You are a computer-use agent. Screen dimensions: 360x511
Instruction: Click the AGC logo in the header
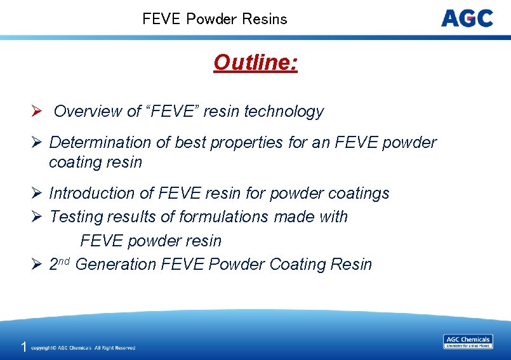(x=467, y=18)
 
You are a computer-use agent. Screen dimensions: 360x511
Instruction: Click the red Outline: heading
(x=255, y=63)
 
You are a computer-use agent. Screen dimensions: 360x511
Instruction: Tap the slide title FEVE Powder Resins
(x=215, y=19)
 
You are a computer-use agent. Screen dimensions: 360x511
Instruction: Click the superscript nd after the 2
(x=65, y=260)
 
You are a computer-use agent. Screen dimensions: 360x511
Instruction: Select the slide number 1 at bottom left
(x=23, y=347)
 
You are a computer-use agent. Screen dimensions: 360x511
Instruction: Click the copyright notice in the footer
(x=83, y=348)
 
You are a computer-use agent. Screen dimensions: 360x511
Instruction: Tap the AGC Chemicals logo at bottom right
(x=467, y=342)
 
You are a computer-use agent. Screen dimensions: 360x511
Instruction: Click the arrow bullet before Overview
(x=36, y=112)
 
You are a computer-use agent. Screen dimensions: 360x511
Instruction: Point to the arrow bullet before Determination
(x=36, y=143)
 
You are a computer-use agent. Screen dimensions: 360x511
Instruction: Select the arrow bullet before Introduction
(x=36, y=193)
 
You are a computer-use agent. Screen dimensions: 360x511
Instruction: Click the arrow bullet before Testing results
(x=36, y=217)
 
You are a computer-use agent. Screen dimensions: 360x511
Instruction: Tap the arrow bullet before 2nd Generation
(x=36, y=265)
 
